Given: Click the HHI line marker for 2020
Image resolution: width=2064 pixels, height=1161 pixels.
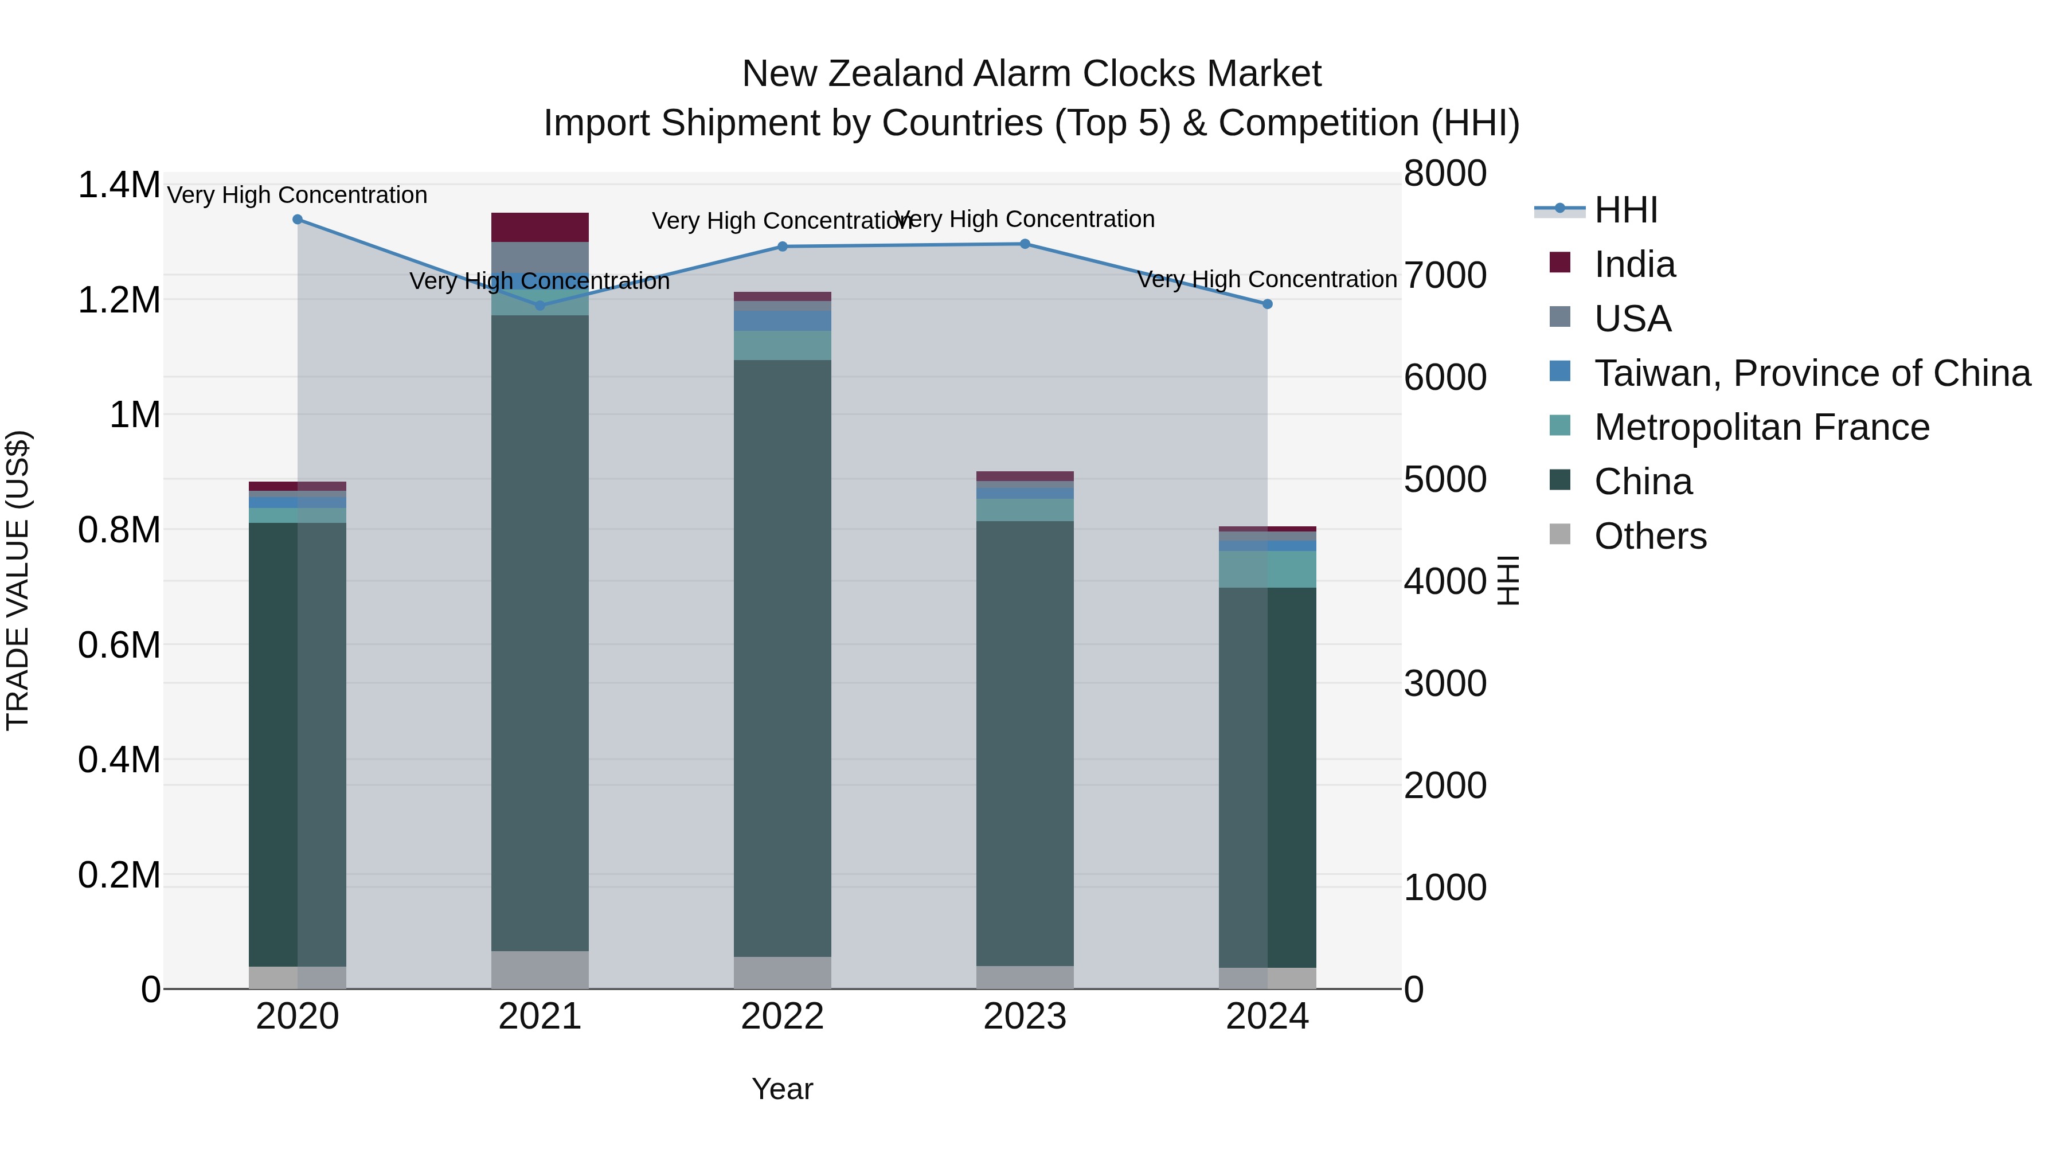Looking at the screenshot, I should pyautogui.click(x=297, y=220).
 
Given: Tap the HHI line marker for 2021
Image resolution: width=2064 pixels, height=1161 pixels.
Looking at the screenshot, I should pyautogui.click(x=540, y=305).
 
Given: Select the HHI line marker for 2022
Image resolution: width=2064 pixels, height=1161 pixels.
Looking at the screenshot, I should pyautogui.click(x=783, y=247).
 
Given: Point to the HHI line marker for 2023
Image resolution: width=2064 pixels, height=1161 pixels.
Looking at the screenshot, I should pyautogui.click(x=1025, y=244).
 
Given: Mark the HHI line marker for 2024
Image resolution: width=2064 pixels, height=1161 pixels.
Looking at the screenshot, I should pyautogui.click(x=1268, y=304).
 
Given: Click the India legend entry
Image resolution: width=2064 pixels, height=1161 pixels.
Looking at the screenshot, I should pyautogui.click(x=1634, y=264).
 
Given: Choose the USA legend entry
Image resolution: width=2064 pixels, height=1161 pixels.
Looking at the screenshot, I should pyautogui.click(x=1632, y=319).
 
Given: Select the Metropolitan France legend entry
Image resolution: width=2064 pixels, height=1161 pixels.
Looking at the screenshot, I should pyautogui.click(x=1761, y=427).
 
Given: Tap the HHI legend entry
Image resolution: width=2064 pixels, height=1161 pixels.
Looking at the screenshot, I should pyautogui.click(x=1626, y=210).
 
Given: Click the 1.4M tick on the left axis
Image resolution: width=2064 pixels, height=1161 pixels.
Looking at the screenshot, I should pyautogui.click(x=119, y=185).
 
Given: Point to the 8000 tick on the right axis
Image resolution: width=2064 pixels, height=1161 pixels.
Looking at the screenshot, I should pyautogui.click(x=1445, y=173).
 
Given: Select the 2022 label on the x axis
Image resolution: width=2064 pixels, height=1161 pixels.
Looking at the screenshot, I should pyautogui.click(x=783, y=1017).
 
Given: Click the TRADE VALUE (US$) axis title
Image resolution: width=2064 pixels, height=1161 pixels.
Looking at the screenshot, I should pyautogui.click(x=18, y=580).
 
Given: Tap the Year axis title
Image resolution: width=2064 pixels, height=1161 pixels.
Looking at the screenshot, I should pyautogui.click(x=783, y=1089).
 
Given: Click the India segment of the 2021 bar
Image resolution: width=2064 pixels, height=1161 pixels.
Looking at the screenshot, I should pyautogui.click(x=540, y=228).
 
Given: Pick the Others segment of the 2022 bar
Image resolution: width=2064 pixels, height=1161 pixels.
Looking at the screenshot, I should pyautogui.click(x=783, y=973).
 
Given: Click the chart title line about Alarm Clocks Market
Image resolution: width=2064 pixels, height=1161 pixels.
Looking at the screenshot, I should pyautogui.click(x=1031, y=74).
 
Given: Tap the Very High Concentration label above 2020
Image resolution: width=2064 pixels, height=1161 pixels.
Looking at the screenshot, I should pyautogui.click(x=297, y=195).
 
